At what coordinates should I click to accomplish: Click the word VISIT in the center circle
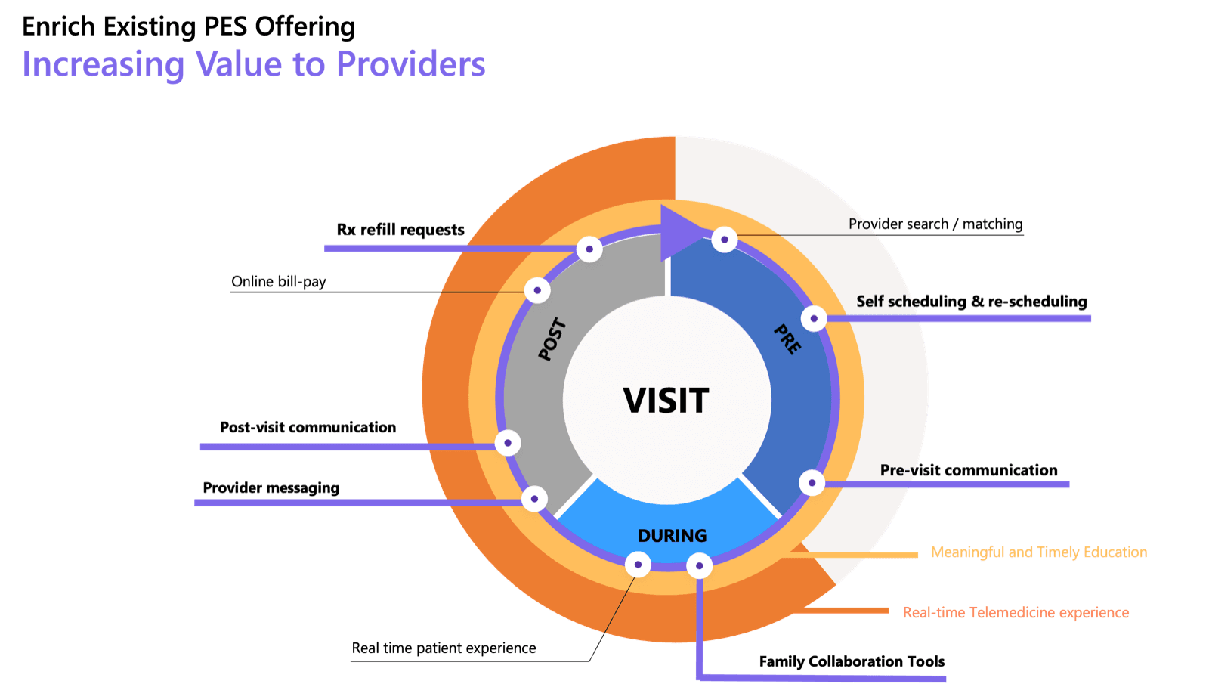tap(666, 401)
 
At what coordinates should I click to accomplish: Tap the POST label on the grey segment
tap(552, 339)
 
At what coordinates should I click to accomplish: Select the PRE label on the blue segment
tap(787, 339)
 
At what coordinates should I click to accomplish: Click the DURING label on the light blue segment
tap(672, 536)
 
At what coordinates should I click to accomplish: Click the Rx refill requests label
tap(400, 230)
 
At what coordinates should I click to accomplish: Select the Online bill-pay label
tap(279, 281)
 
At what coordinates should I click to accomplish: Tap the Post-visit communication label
tap(308, 428)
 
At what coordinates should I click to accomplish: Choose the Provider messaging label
tap(271, 488)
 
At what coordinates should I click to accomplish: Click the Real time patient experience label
tap(444, 648)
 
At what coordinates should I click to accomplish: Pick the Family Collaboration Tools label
tap(852, 661)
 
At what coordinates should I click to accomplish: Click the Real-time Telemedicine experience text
tap(1016, 612)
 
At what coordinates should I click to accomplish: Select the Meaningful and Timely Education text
tap(1039, 552)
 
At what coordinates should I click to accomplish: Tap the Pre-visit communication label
tap(969, 470)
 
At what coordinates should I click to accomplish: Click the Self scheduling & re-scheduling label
tap(971, 302)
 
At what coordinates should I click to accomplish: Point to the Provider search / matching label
tap(935, 224)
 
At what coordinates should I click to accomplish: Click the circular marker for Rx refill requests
tap(589, 249)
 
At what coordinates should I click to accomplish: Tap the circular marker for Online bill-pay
tap(537, 289)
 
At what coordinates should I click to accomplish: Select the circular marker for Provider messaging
tap(534, 499)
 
